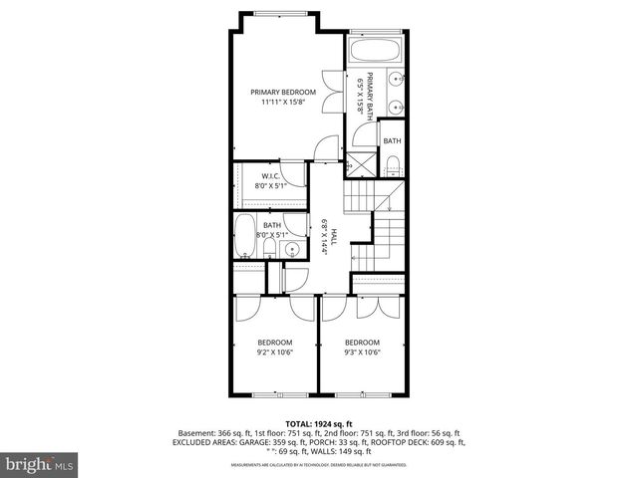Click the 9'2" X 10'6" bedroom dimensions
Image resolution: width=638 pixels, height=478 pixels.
coord(276,352)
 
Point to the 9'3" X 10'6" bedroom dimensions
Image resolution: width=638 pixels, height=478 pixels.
coord(362,352)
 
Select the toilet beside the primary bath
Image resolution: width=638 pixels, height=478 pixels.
coord(392,164)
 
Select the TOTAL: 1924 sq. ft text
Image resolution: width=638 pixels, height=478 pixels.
coord(319,423)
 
